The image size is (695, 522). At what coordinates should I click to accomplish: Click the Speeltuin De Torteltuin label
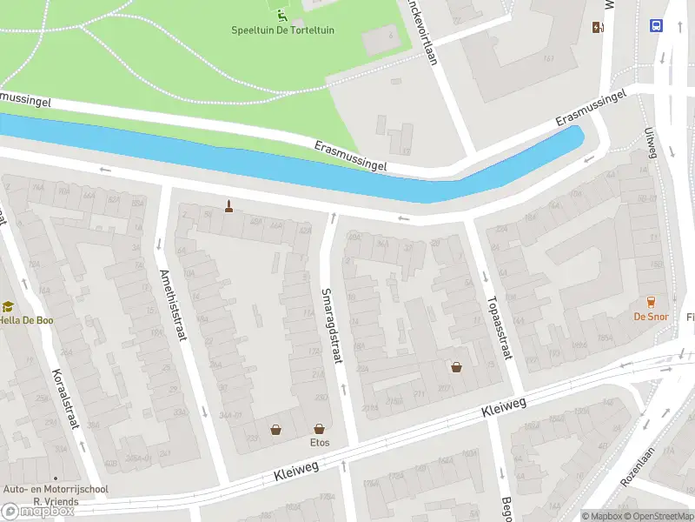282,30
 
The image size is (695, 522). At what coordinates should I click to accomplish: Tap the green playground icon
281,14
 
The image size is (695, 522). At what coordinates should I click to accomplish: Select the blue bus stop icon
656,25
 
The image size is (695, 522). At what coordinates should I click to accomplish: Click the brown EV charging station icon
597,27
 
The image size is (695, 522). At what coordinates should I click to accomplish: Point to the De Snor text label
651,317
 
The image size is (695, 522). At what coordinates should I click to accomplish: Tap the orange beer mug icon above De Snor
651,302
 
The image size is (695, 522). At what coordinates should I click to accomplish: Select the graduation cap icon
8,306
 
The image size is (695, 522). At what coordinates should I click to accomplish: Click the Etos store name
320,443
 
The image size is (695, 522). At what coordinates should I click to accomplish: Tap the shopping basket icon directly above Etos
320,429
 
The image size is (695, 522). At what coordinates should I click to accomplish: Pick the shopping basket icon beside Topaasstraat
457,366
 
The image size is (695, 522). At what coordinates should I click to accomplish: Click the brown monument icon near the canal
229,206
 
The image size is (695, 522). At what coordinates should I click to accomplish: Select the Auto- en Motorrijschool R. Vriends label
56,495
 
